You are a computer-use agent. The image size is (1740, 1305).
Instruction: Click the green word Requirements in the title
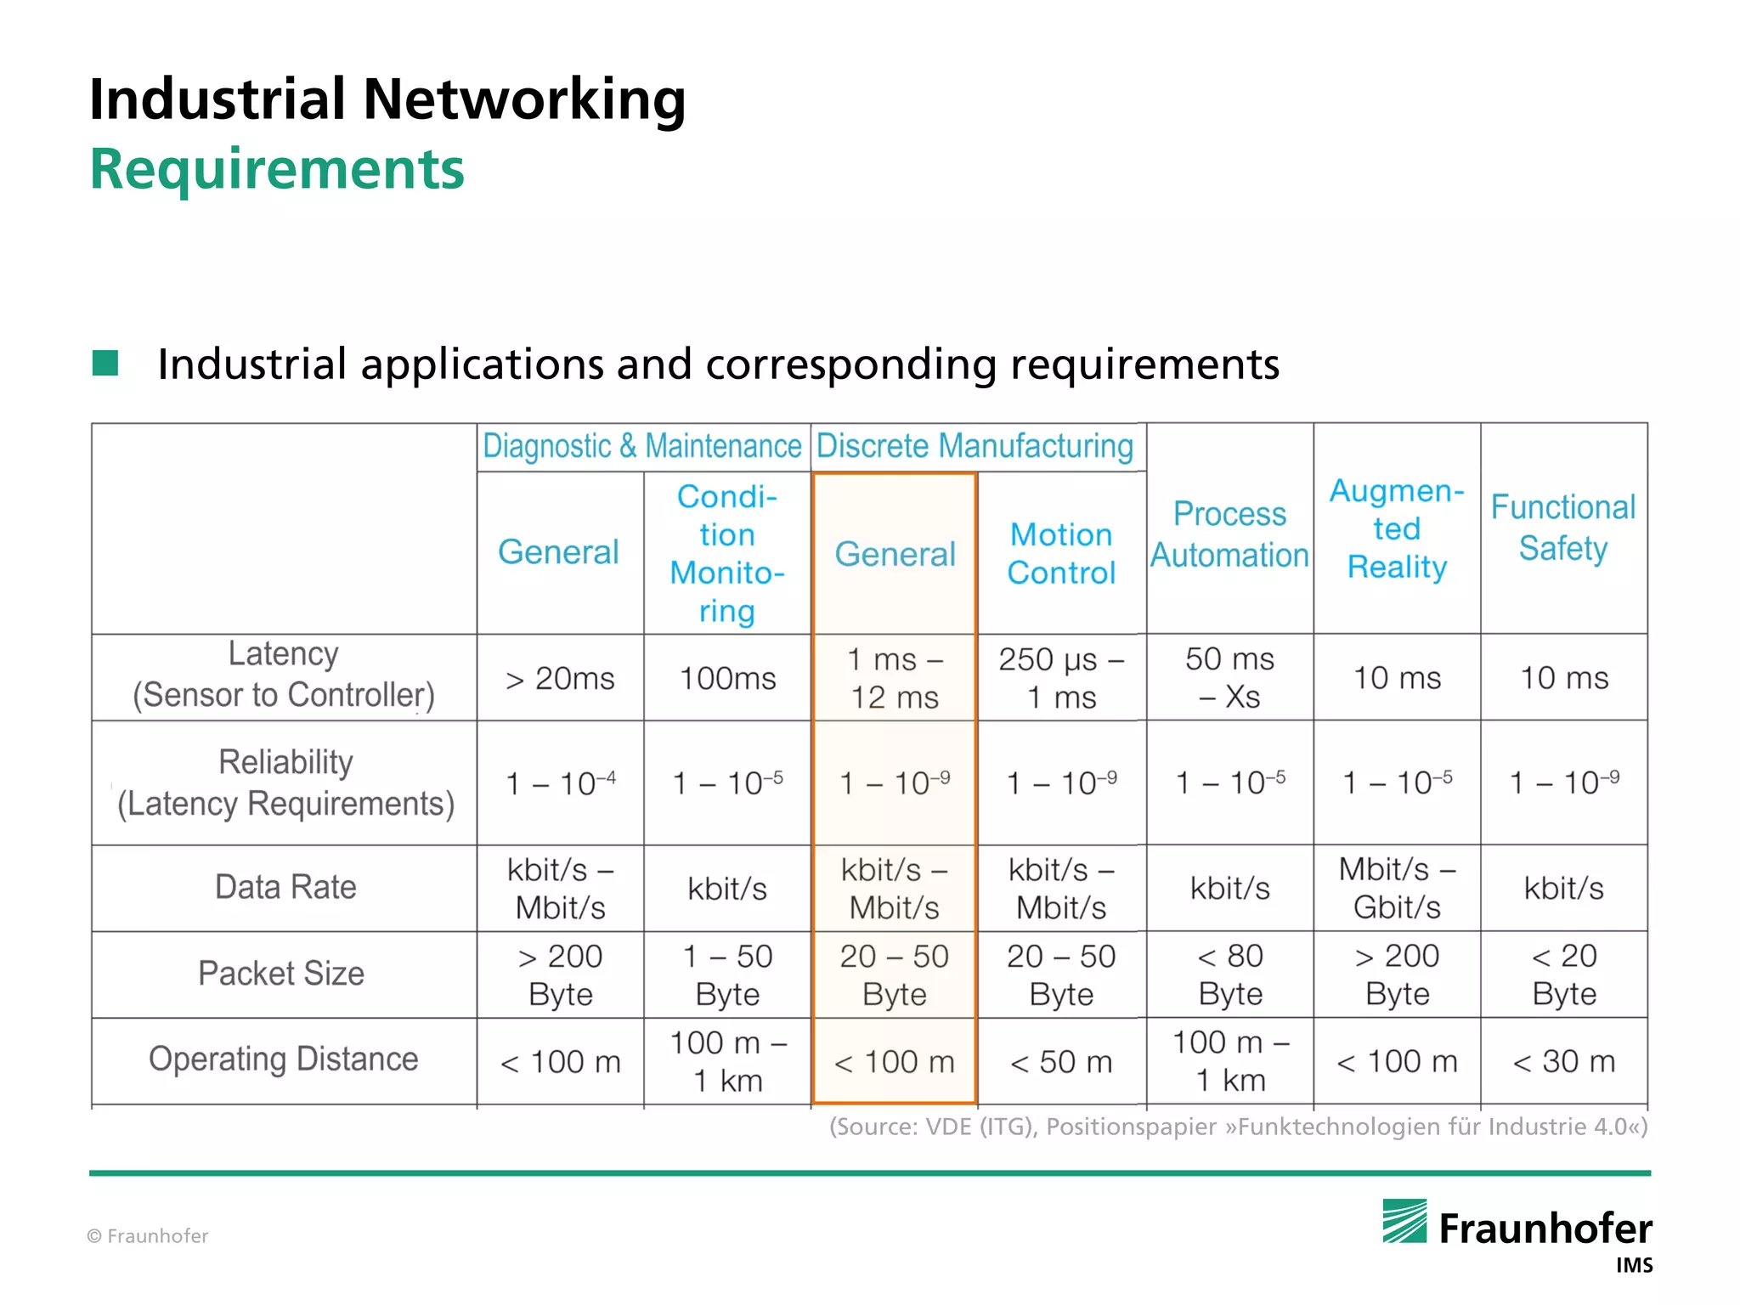277,169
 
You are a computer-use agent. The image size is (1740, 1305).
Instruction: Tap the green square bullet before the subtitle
105,363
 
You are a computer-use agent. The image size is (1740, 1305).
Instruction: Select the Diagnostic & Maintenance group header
642,446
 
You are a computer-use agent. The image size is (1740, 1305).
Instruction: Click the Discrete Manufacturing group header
975,446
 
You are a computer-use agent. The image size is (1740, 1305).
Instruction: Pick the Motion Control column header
1061,553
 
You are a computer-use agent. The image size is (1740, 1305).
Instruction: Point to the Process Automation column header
1229,534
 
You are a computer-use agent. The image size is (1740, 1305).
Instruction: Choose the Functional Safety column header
1563,528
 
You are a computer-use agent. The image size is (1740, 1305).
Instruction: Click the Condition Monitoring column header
727,553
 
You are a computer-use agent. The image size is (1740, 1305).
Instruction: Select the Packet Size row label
281,974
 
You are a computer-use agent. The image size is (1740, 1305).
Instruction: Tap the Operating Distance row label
283,1059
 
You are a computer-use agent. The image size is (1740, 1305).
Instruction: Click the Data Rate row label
285,887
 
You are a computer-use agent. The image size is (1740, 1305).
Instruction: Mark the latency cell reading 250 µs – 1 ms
1061,678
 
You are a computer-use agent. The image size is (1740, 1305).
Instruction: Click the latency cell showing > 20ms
560,679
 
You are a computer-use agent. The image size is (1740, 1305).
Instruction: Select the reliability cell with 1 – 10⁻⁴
560,782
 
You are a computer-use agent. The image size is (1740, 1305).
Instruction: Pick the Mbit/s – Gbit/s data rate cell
1397,888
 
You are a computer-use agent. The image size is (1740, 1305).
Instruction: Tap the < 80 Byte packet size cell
1229,975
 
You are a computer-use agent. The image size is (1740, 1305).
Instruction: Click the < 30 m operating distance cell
1563,1061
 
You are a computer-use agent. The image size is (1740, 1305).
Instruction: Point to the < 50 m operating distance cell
1061,1062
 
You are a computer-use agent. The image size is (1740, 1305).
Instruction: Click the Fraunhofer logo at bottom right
1517,1229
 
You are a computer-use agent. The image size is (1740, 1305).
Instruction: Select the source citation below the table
1238,1127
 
